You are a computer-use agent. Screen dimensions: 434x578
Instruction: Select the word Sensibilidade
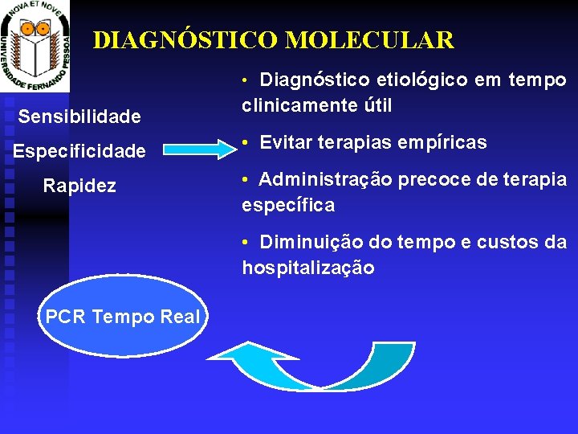coord(79,117)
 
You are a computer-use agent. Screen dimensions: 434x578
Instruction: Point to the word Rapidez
coord(79,186)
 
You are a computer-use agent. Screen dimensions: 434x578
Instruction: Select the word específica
coord(288,205)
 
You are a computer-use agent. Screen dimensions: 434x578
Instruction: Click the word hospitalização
coord(308,268)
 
